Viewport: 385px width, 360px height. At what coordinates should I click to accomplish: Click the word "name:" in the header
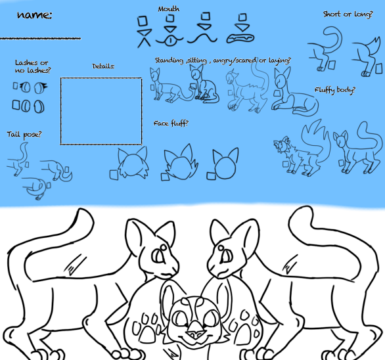click(x=34, y=15)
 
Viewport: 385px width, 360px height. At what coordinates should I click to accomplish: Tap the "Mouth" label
click(x=169, y=9)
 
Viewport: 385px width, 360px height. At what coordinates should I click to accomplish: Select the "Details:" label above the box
click(x=103, y=66)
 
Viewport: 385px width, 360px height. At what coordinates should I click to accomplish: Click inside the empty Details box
click(x=101, y=110)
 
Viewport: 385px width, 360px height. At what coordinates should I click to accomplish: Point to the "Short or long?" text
click(x=348, y=14)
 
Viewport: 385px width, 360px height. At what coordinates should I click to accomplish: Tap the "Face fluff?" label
click(x=171, y=123)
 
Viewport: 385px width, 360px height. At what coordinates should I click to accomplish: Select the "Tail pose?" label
click(x=24, y=135)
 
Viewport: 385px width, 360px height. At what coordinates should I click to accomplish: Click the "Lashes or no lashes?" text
click(x=32, y=66)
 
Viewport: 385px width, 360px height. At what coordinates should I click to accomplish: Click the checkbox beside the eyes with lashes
click(x=16, y=85)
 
